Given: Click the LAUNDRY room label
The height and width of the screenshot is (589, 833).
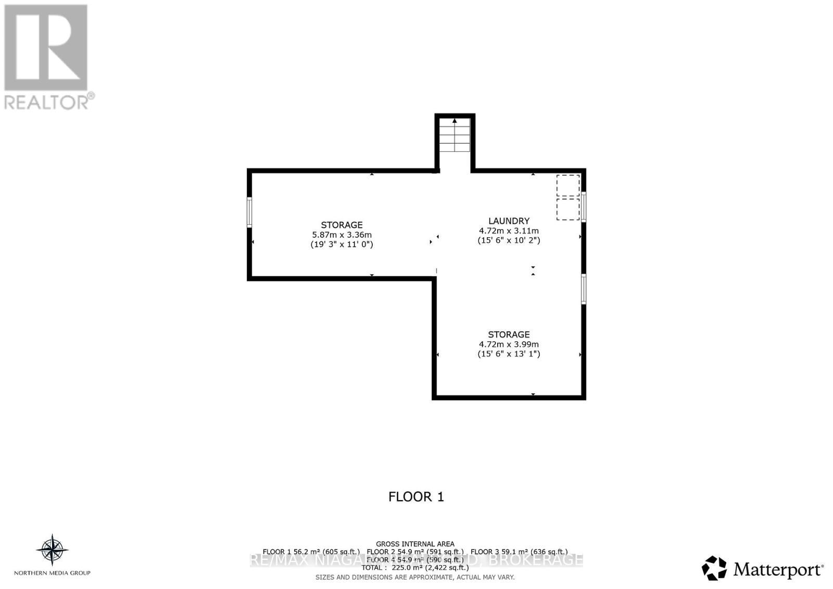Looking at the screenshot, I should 509,221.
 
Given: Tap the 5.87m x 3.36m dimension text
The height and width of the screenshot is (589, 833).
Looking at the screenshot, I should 342,235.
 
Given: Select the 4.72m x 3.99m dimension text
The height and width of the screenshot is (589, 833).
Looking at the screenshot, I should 509,344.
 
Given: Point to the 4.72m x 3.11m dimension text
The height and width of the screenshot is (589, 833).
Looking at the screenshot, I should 509,231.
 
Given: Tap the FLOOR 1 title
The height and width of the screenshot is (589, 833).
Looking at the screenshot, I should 416,497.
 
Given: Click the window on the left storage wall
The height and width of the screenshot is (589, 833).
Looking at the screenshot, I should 249,212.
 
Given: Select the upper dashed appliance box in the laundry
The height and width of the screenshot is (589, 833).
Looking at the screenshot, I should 567,185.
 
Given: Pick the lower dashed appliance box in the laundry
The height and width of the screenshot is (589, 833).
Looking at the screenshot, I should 567,209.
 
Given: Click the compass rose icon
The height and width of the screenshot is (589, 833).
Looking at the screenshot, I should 52,550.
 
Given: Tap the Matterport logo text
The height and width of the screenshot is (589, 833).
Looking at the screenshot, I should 778,570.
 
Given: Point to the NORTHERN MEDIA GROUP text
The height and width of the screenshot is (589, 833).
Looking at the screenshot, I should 52,573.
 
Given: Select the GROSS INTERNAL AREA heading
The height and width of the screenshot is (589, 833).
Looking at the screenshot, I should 415,544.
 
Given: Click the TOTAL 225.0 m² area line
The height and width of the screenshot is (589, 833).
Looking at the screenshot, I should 415,568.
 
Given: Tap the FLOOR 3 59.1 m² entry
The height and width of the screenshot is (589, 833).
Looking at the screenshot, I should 519,552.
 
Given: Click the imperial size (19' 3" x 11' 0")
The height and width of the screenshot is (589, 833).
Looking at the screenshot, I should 342,244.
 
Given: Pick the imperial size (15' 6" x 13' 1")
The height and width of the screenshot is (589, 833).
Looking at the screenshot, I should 509,354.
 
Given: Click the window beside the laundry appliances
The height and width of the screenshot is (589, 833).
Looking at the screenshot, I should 584,207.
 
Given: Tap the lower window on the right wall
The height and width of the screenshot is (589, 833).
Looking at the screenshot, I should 584,289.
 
